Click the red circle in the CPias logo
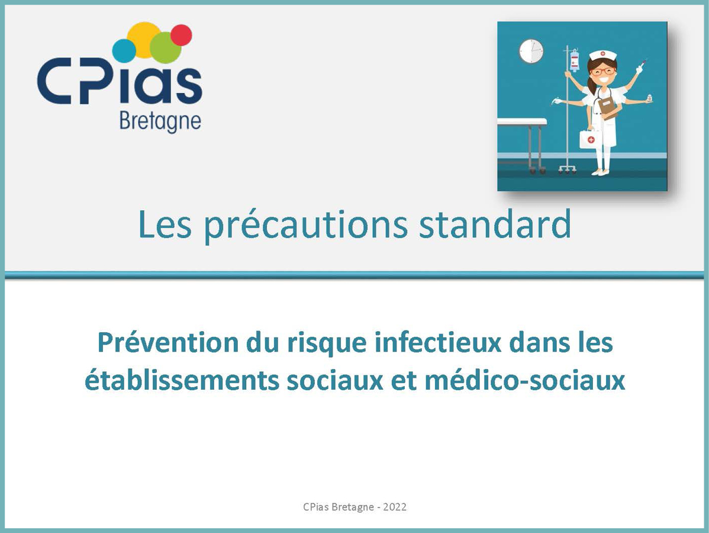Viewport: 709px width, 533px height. click(x=181, y=35)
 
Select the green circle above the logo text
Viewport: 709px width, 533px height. click(x=165, y=47)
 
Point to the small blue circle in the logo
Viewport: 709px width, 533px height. click(x=124, y=51)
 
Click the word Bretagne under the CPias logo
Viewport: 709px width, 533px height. click(x=160, y=121)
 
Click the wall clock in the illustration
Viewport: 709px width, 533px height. click(x=531, y=51)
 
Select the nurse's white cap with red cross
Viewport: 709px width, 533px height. click(x=602, y=55)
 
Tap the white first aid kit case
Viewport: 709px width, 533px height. click(x=591, y=138)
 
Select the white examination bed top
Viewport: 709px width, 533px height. click(x=522, y=121)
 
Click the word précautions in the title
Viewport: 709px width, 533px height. click(x=306, y=225)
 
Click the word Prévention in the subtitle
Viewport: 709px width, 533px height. click(x=167, y=342)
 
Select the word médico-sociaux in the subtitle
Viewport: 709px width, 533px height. click(x=525, y=380)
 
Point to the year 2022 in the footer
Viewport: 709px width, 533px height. click(x=395, y=507)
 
